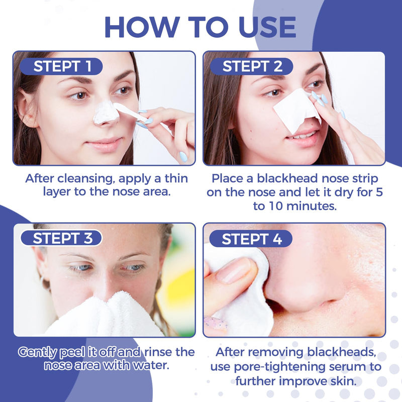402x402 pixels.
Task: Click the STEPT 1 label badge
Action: click(x=61, y=66)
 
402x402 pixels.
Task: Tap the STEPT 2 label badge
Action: click(x=252, y=66)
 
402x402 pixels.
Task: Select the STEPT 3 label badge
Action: click(x=61, y=238)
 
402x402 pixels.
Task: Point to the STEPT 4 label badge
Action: click(x=251, y=239)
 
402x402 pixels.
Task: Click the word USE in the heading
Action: click(x=267, y=28)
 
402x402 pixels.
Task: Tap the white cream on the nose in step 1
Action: click(x=106, y=112)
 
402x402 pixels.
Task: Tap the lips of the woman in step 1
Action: click(x=105, y=145)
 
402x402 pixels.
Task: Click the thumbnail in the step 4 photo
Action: click(x=233, y=270)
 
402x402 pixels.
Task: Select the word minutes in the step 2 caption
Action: click(x=315, y=206)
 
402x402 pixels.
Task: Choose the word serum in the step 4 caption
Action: click(x=347, y=367)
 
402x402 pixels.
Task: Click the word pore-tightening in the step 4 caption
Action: click(x=279, y=367)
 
